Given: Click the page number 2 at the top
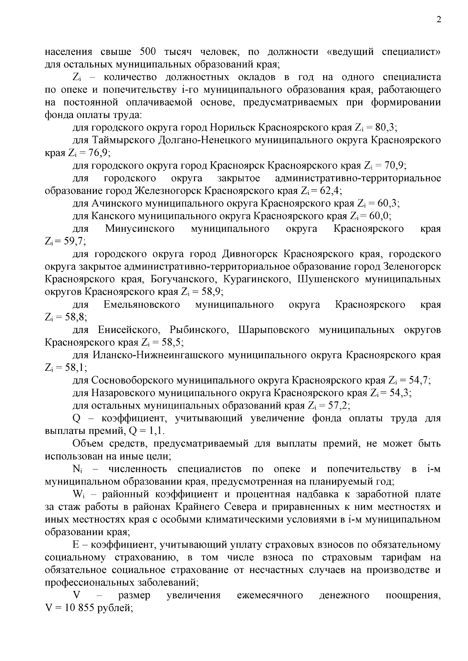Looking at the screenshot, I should (439, 20).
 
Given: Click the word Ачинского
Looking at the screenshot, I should (117, 203).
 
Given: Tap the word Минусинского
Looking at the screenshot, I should (140, 229).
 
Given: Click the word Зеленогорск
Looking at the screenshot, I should (412, 267).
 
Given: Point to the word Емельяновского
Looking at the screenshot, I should (142, 305).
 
